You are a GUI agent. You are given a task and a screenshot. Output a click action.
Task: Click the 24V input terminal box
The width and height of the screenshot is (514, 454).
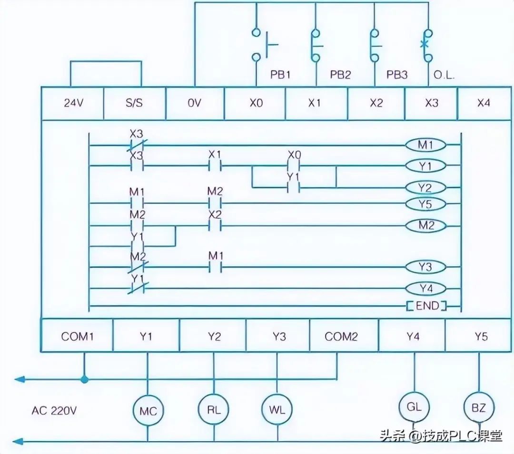click(72, 103)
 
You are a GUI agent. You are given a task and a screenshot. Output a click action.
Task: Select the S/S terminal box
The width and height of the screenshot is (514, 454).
click(134, 103)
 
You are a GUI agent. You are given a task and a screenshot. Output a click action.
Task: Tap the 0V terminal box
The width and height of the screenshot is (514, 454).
click(195, 103)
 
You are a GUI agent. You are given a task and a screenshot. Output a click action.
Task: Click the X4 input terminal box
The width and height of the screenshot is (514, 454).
click(484, 103)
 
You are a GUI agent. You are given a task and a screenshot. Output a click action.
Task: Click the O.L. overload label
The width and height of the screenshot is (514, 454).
click(444, 76)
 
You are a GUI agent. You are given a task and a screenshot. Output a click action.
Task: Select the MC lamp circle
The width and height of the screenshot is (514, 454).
click(148, 410)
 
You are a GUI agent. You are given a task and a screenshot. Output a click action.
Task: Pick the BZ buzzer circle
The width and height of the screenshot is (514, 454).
click(479, 407)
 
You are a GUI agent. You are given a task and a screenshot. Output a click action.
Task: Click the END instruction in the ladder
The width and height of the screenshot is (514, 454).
click(426, 306)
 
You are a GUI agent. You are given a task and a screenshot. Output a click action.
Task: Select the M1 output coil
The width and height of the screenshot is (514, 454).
click(425, 145)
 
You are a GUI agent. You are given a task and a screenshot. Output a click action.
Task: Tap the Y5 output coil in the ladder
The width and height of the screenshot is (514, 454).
click(425, 204)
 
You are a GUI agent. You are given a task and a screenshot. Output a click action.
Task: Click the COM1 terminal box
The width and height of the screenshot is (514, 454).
click(77, 337)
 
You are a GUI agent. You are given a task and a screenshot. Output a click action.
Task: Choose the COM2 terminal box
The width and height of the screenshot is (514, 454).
click(341, 337)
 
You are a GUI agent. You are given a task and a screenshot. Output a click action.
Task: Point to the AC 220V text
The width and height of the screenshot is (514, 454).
click(54, 410)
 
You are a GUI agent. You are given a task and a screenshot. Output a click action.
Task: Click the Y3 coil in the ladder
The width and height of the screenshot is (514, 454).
click(425, 267)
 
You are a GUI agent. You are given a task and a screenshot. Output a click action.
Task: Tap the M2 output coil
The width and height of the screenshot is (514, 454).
click(425, 226)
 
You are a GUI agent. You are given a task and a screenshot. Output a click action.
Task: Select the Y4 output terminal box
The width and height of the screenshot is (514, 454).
click(413, 337)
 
